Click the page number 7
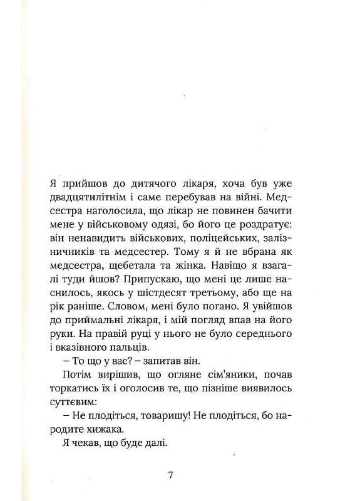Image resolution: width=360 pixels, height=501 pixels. (171, 474)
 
